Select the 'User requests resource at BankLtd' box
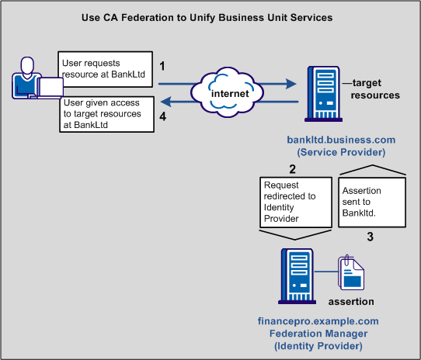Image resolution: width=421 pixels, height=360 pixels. point(102,68)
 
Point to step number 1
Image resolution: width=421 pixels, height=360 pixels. point(163,67)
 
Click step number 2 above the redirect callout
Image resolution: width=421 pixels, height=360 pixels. point(292,169)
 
